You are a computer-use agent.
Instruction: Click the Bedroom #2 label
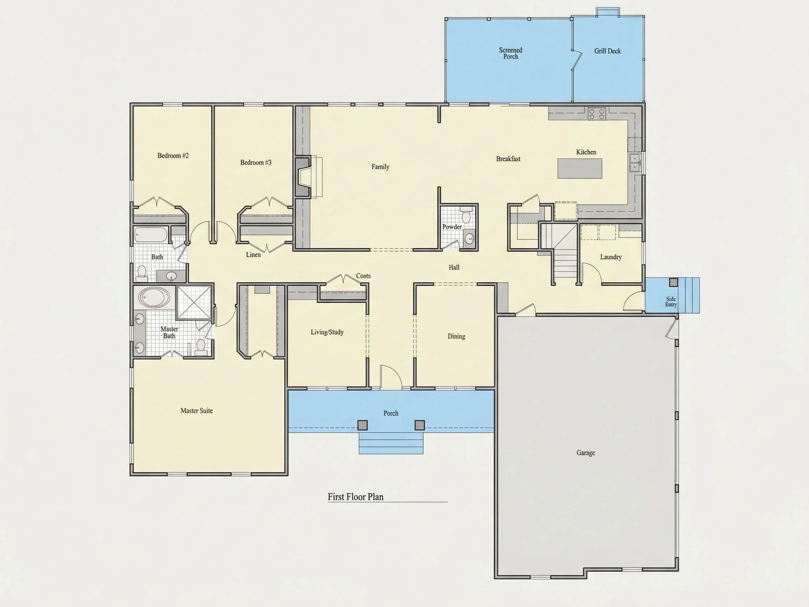pos(173,156)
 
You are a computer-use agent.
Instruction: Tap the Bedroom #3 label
pos(256,162)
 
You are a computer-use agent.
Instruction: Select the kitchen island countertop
pos(580,169)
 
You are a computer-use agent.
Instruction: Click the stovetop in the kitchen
pos(597,114)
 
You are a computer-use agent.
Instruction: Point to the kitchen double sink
pos(634,163)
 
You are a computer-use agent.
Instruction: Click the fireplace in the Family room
pos(303,177)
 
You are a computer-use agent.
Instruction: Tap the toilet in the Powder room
pos(466,215)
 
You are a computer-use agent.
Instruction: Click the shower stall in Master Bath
pos(194,302)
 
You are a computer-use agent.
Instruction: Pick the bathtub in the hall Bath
pos(151,235)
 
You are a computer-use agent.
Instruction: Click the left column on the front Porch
pos(362,425)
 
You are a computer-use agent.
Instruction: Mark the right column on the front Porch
pos(420,425)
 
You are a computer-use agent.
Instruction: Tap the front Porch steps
pos(391,443)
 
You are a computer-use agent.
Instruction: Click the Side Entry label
pos(671,302)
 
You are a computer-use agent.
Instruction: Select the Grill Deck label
pos(607,51)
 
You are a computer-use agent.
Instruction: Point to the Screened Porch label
pos(511,53)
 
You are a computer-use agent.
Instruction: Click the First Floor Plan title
pos(355,496)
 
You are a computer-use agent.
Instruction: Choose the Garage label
pos(586,452)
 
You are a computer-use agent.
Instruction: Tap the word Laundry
pos(611,257)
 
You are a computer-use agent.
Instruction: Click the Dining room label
pos(456,336)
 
